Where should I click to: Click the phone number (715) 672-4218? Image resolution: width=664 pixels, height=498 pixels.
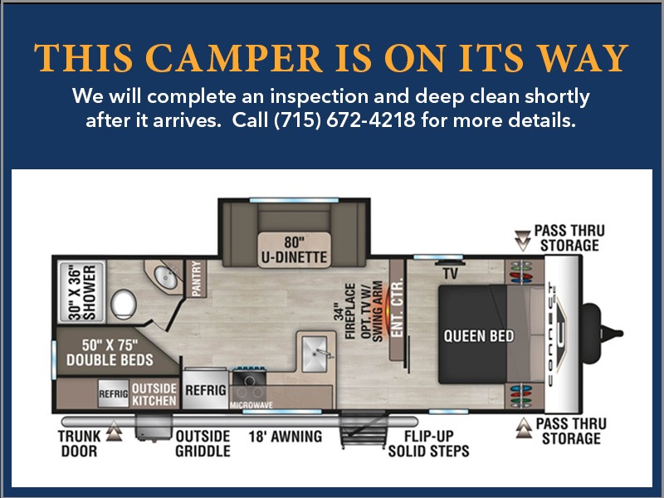344,120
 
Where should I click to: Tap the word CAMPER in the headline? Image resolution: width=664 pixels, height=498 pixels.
233,58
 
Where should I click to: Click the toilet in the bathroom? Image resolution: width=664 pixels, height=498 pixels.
124,305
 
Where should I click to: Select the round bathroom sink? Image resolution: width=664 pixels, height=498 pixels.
165,277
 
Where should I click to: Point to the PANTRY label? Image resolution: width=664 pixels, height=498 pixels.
196,278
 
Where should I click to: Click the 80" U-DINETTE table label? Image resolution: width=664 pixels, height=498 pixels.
294,250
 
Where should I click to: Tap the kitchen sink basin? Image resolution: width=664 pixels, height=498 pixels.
315,354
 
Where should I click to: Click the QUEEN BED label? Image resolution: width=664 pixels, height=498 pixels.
479,336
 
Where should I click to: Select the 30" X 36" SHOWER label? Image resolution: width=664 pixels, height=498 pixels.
82,292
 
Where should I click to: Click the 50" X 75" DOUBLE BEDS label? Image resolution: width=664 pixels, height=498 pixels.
110,352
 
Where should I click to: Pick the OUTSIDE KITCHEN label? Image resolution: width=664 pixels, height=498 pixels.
154,394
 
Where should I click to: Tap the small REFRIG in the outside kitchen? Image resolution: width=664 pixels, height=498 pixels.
113,393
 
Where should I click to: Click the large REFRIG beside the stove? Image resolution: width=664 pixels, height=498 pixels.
205,389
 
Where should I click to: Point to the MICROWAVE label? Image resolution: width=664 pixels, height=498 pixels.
251,405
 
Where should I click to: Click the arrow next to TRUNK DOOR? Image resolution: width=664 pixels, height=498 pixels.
114,431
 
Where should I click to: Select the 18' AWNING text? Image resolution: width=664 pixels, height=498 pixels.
286,437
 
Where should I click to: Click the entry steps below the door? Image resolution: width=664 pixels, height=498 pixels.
364,429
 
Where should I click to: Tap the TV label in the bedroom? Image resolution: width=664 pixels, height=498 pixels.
450,274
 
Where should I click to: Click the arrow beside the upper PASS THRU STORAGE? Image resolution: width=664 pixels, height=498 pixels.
522,241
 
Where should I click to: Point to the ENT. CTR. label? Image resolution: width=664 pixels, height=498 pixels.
397,308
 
